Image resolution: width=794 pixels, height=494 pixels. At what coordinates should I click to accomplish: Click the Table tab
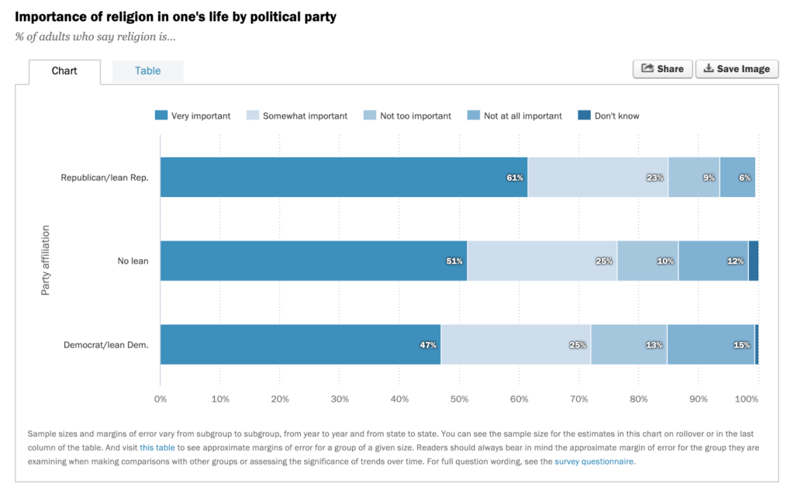[147, 71]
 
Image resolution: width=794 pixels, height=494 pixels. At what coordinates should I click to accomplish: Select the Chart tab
[64, 71]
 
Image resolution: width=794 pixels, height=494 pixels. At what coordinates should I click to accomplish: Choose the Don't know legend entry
[609, 116]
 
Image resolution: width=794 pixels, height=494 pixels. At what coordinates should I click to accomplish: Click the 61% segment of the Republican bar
[343, 177]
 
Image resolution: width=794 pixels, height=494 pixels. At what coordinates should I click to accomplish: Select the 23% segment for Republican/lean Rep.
[598, 177]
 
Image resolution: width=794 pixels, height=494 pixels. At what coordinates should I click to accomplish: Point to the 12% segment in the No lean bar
[713, 261]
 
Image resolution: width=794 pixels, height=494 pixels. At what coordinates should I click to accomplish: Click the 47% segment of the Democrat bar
[300, 344]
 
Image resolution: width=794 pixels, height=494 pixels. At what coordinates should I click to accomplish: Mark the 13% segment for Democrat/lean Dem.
[629, 344]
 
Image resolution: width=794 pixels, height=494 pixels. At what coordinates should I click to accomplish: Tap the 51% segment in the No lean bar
[313, 261]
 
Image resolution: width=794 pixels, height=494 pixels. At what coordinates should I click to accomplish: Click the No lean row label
[133, 261]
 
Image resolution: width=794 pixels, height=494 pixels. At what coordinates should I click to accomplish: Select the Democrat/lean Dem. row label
[105, 345]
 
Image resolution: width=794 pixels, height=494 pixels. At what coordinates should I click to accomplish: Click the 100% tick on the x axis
[746, 399]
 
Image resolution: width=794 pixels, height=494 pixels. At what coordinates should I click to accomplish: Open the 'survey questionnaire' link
[594, 461]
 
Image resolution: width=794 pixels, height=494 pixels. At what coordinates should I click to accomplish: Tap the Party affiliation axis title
[46, 261]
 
